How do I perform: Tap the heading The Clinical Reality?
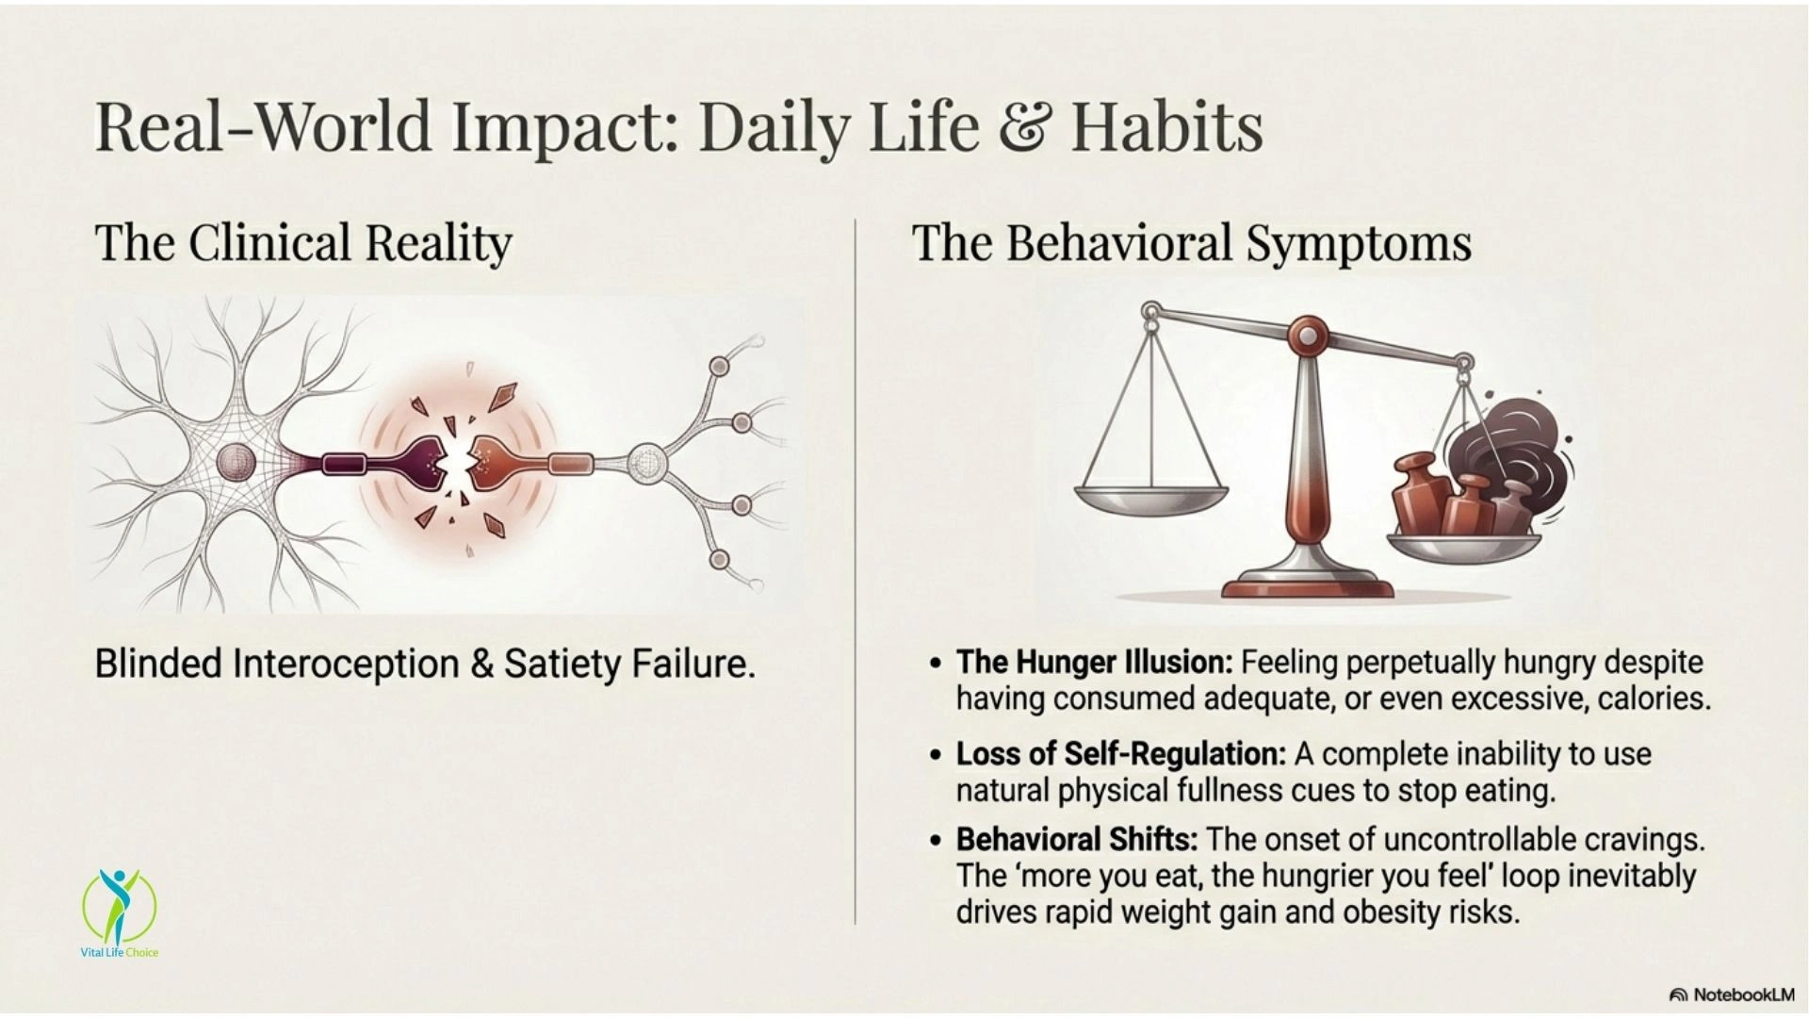click(303, 242)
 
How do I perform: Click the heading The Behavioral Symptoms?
click(1191, 243)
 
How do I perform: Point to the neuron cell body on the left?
click(236, 462)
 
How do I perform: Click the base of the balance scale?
click(1307, 581)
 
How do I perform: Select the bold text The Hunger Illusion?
click(1094, 663)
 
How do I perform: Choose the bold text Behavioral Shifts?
click(1077, 839)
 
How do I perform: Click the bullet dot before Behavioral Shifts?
click(935, 840)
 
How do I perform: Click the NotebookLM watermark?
click(1732, 994)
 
